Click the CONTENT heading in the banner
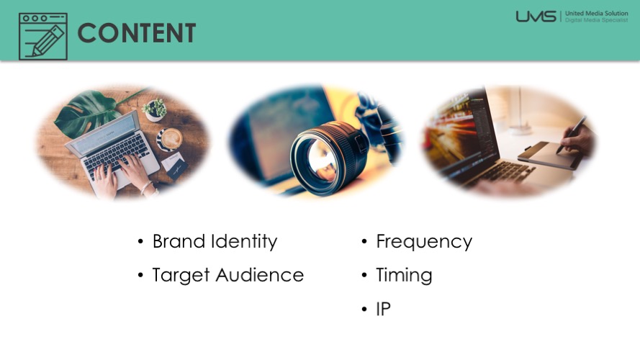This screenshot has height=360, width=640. (x=136, y=33)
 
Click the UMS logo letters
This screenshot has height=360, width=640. (x=536, y=17)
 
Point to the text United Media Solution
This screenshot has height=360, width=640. (x=596, y=13)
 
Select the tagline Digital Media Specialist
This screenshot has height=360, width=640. (x=596, y=19)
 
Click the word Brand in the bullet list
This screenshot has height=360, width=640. (x=179, y=241)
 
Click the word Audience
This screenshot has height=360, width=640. (x=260, y=275)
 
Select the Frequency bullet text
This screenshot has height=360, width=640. (x=424, y=242)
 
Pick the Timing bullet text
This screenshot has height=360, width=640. (x=404, y=275)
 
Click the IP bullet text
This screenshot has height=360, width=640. (x=383, y=309)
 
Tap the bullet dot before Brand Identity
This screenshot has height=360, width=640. (x=140, y=242)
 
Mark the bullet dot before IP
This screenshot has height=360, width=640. (x=364, y=310)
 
